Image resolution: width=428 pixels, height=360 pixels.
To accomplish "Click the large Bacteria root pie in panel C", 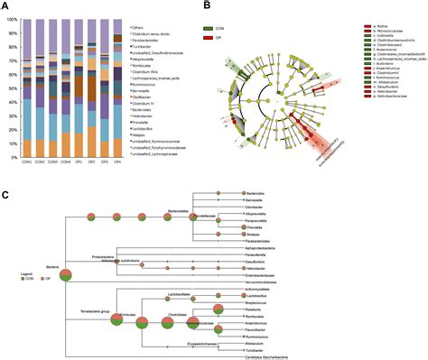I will point(66,277).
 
